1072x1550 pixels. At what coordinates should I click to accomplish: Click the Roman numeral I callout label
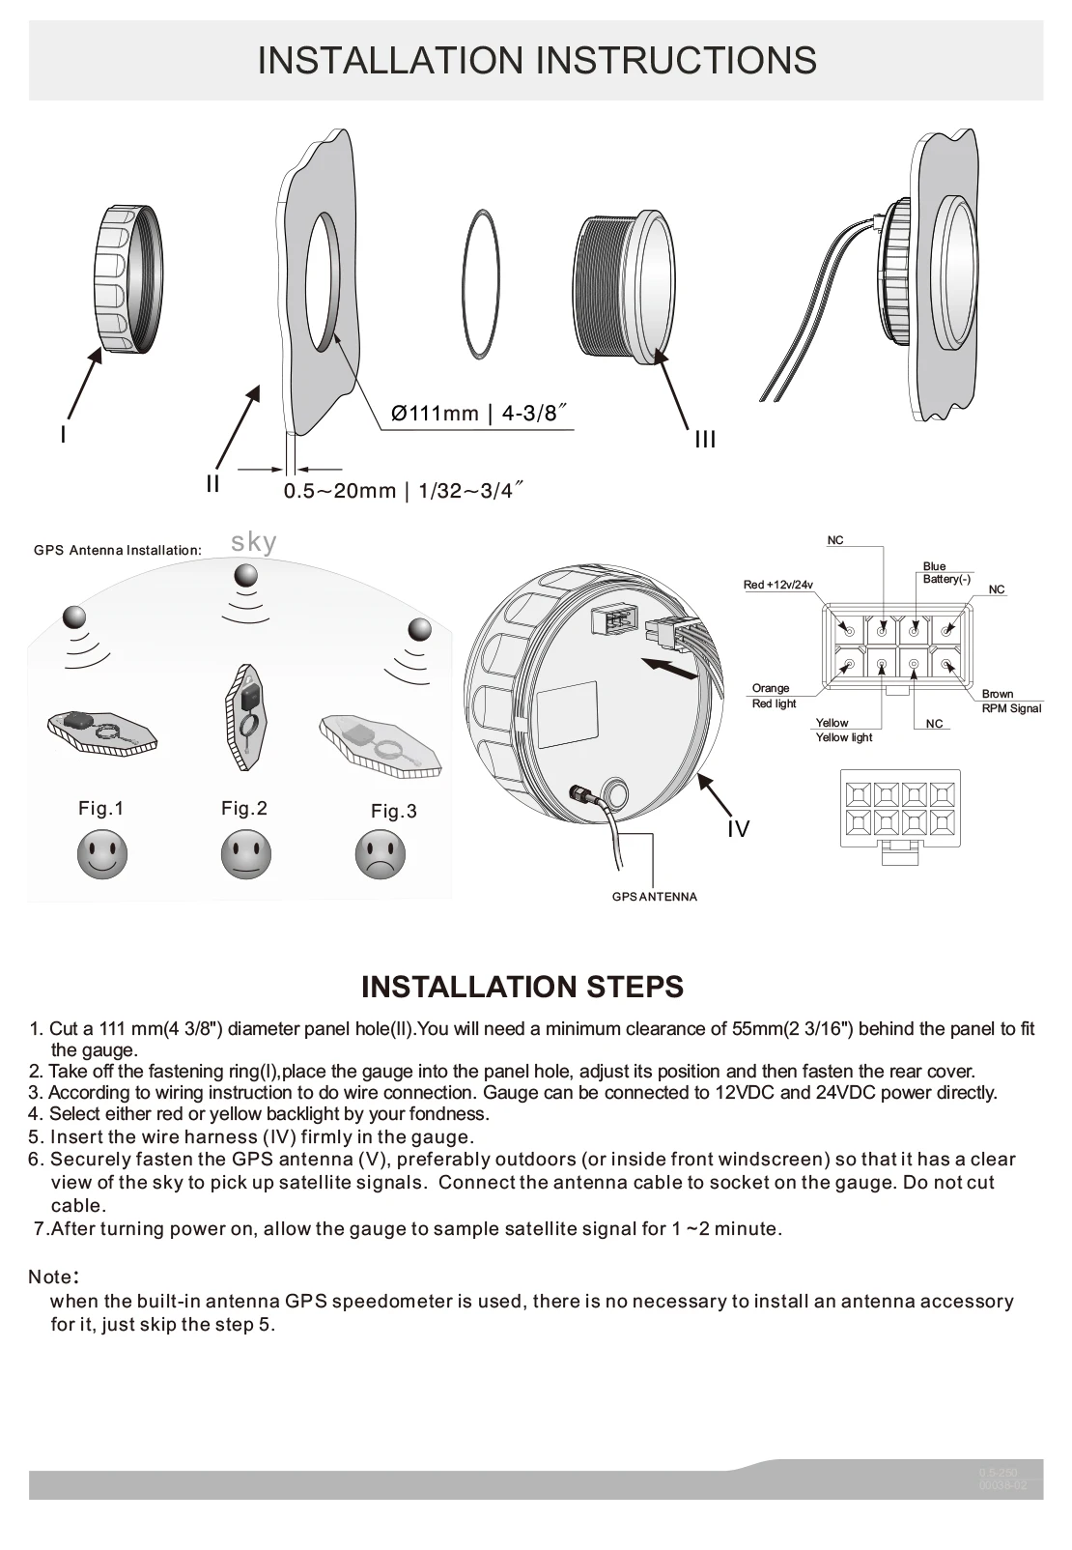[63, 435]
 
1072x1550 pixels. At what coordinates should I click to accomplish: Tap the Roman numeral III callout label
[705, 440]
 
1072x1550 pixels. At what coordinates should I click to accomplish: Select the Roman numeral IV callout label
[738, 829]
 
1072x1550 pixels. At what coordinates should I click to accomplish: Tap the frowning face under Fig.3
[381, 855]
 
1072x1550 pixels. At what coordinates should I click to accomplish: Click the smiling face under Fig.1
[102, 854]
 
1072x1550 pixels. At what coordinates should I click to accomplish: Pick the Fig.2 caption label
[244, 808]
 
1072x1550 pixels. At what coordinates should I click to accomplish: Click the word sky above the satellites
[254, 542]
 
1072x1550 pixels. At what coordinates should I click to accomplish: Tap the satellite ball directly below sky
[246, 576]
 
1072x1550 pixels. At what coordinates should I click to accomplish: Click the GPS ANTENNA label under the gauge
[655, 897]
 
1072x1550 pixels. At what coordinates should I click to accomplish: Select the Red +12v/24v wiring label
[778, 585]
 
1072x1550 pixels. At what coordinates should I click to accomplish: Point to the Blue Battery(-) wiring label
[946, 573]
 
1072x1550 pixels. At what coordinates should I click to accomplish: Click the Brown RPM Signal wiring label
[1011, 701]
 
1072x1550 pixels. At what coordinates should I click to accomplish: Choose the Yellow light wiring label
[843, 731]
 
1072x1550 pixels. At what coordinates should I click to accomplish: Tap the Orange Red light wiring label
[774, 696]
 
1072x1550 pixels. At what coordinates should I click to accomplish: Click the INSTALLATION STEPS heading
[522, 987]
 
